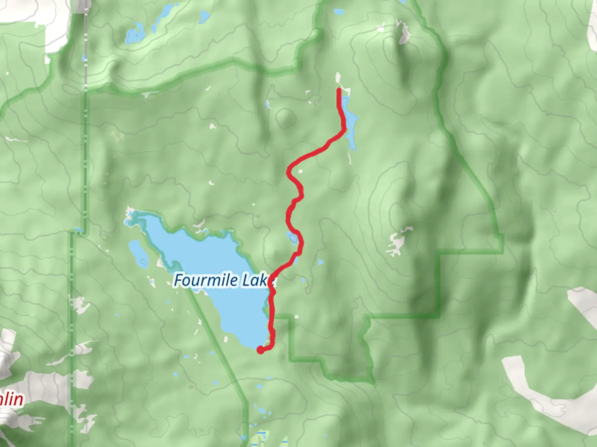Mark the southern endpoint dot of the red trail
pos(260,350)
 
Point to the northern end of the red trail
pos(340,90)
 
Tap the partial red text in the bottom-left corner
pos(12,399)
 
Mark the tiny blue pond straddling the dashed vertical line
pos(85,59)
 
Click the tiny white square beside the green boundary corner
pos(297,317)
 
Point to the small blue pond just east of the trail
pos(320,262)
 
